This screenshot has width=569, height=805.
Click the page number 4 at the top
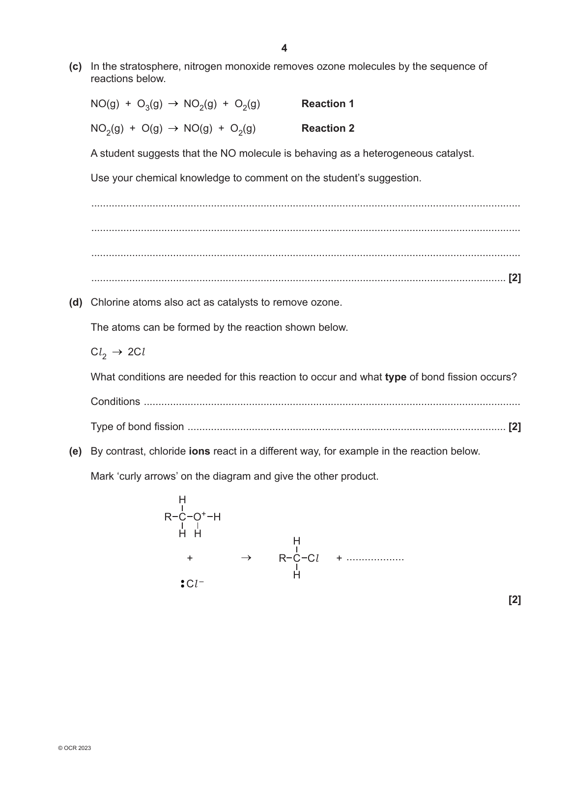coord(284,48)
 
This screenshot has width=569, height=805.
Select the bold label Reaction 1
coord(327,104)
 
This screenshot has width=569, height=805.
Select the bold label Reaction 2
coord(327,128)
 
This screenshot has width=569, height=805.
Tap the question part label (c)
coord(75,66)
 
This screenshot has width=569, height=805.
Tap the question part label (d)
coord(75,302)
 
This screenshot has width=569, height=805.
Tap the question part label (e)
coord(75,451)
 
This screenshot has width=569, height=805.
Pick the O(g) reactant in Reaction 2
coord(152,129)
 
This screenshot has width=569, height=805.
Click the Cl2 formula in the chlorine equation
coord(98,353)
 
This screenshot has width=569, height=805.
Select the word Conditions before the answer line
coord(115,402)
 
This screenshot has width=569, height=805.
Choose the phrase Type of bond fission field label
coord(137,427)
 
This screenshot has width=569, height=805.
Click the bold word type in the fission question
coord(395,377)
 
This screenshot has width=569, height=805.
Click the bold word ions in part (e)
coord(199,451)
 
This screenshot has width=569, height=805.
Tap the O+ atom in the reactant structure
coord(199,517)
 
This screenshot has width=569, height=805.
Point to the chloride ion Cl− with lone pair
coord(193,584)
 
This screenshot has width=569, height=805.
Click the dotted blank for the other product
coord(375,559)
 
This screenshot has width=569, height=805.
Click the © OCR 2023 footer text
coord(74,748)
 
